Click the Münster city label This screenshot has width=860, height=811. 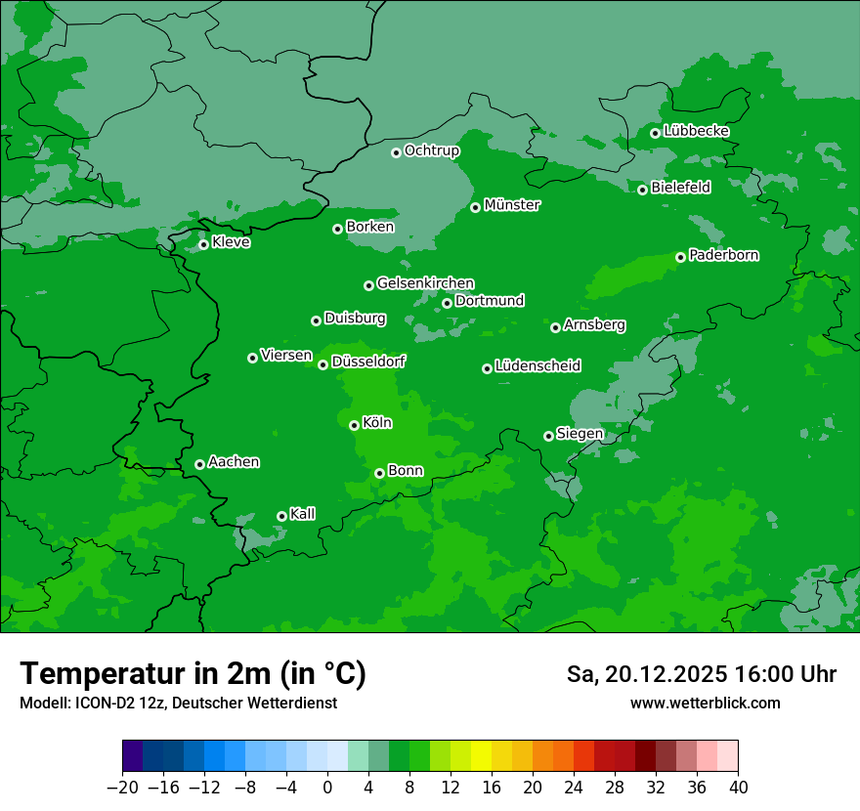point(512,205)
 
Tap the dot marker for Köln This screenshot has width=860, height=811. point(354,425)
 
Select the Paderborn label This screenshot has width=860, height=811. point(724,255)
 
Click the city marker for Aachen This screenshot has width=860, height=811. point(199,464)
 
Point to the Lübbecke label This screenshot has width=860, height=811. point(696,131)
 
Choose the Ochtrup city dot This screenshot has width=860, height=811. point(396,152)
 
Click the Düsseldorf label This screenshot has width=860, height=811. point(368,362)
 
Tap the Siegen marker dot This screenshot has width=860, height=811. point(548,436)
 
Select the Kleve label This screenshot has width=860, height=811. point(232,242)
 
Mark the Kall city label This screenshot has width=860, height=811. point(303,514)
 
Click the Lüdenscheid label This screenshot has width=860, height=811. point(537,366)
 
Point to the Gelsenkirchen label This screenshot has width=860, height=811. point(425,283)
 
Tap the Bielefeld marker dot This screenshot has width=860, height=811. point(642,190)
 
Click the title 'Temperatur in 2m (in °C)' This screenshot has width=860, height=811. point(193,674)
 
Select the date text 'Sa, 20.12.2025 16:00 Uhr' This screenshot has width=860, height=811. point(701,674)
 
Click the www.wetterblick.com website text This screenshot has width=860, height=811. point(705,704)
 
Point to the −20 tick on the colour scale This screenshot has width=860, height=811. point(123,788)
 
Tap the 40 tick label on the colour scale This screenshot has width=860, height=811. point(738,788)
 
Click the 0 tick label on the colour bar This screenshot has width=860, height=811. point(327,788)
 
